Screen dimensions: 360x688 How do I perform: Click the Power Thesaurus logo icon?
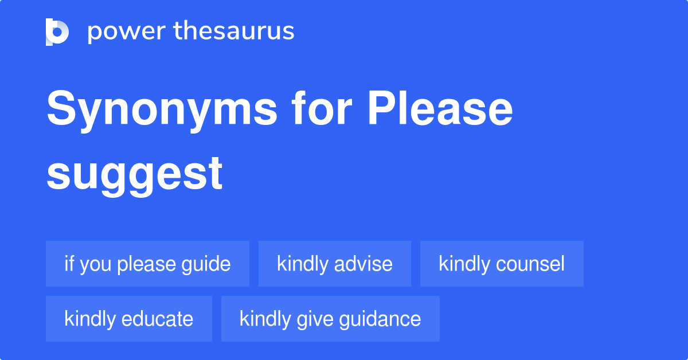coord(57,32)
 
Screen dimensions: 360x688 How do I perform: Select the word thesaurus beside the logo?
coord(234,32)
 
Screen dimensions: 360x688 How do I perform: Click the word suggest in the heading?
coord(135,173)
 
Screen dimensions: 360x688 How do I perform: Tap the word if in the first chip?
coord(69,264)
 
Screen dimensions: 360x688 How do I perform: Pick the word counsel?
coord(530,264)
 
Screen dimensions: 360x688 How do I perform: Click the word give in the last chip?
coord(310,319)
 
